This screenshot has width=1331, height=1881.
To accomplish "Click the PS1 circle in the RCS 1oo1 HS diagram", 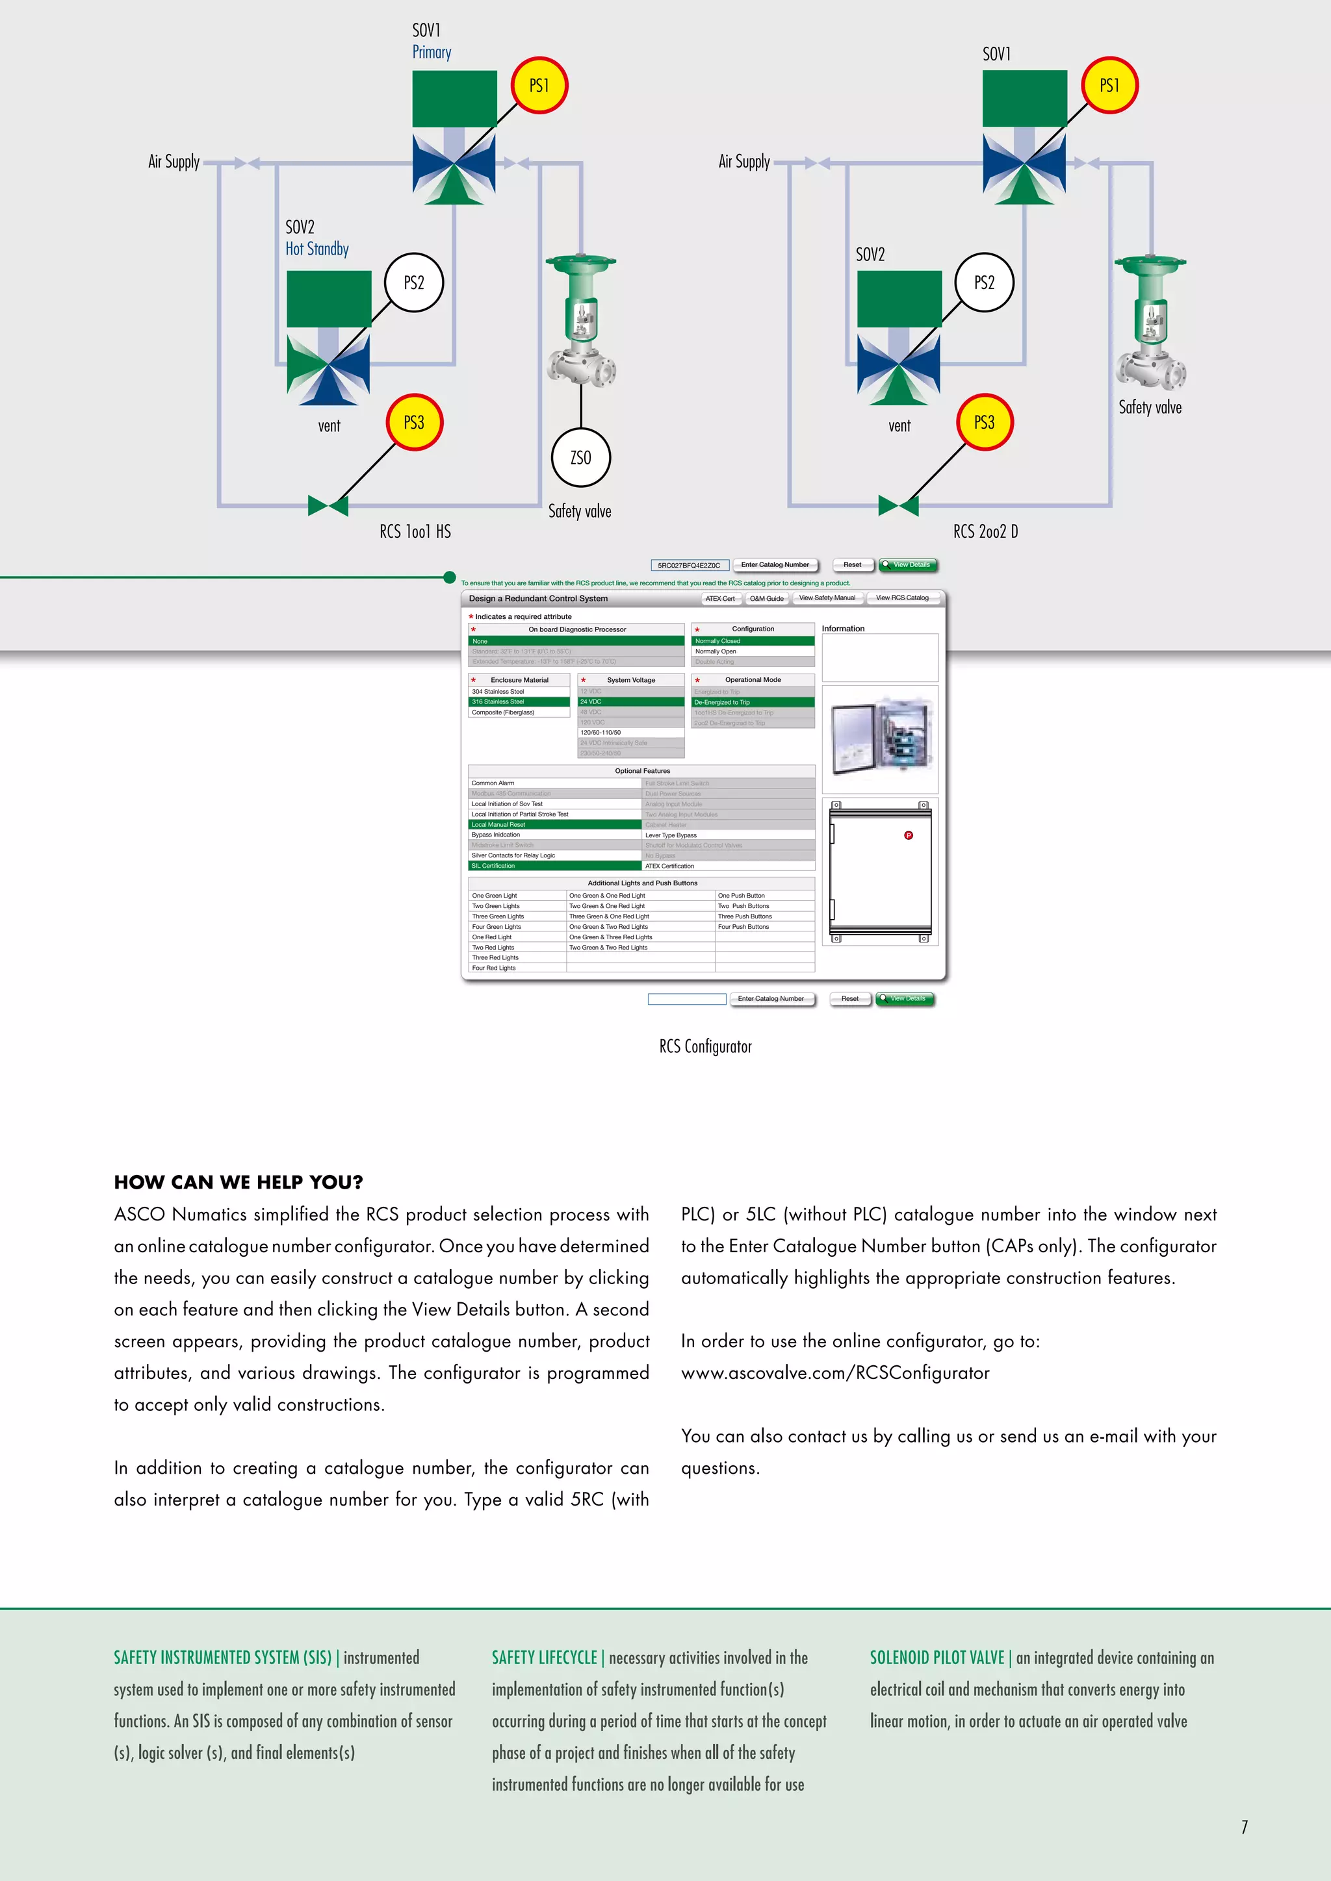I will [539, 85].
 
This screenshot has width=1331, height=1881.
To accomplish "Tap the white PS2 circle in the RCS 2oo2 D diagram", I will [985, 283].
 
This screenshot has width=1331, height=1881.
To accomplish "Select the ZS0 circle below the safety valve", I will [580, 458].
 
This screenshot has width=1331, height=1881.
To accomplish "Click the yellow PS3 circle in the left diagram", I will [414, 423].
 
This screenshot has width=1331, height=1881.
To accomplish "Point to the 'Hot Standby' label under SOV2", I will [317, 249].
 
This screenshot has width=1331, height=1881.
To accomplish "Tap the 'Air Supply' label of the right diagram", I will [744, 161].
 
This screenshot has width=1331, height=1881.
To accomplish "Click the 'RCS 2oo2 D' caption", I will [985, 532].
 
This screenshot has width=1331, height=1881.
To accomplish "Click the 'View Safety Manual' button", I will [827, 598].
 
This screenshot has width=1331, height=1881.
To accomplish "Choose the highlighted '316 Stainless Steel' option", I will [518, 702].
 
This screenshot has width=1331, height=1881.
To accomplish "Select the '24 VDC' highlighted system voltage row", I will [630, 702].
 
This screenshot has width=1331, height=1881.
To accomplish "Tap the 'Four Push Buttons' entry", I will [743, 927].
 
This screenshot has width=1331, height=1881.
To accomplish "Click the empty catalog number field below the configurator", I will [687, 999].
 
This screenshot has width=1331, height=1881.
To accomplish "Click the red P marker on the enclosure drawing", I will [908, 836].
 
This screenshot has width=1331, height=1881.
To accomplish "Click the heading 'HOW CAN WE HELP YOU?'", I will [239, 1182].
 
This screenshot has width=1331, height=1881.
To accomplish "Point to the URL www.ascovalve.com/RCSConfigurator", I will [835, 1373].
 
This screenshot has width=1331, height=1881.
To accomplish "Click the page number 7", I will [1244, 1827].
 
